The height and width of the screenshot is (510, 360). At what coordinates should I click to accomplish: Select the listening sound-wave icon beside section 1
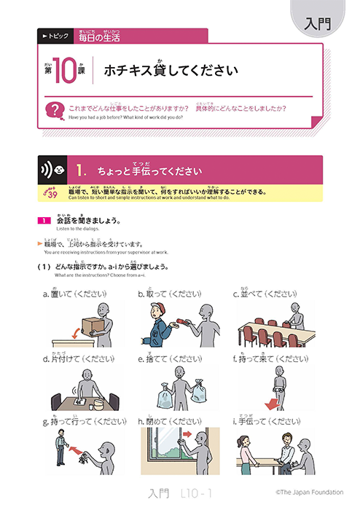point(49,171)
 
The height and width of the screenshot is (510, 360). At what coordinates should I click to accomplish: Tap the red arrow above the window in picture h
point(183,437)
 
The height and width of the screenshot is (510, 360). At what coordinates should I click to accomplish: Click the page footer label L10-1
point(195,493)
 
